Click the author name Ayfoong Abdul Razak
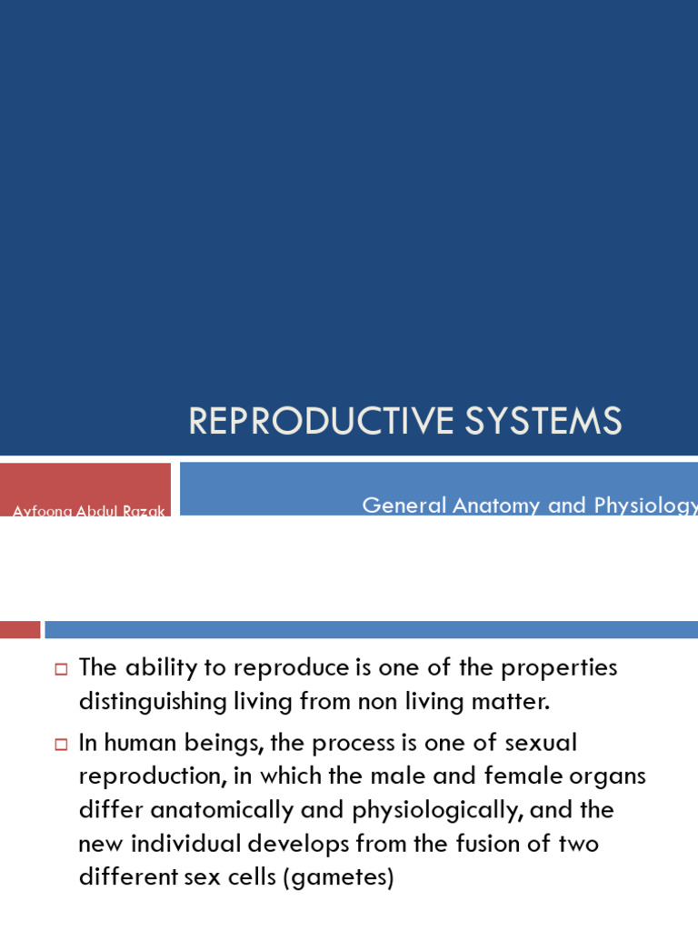tap(89, 511)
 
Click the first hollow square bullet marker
tap(62, 669)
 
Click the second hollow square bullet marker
tap(62, 745)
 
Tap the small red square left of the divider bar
tap(20, 629)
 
